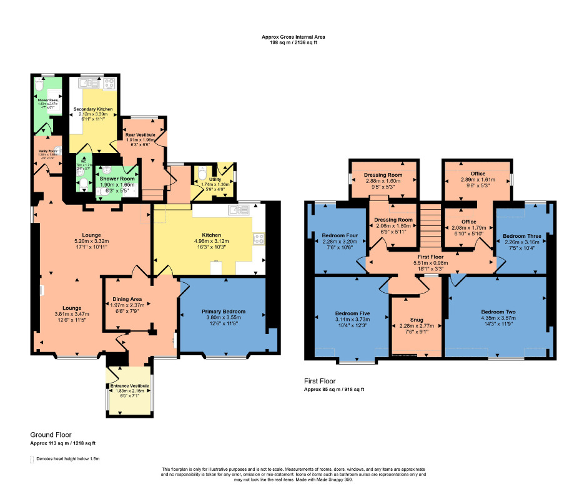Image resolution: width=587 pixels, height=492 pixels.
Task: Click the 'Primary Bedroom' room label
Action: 224,311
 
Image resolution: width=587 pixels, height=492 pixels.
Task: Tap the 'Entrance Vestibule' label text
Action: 130,386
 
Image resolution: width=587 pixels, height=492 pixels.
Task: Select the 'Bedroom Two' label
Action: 498,312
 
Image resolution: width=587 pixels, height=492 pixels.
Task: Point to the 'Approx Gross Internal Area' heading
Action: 293,37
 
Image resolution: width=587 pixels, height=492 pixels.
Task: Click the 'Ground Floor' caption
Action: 51,435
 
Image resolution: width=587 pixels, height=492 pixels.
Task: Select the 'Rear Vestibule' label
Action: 140,134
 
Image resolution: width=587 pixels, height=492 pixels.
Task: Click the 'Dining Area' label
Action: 127,298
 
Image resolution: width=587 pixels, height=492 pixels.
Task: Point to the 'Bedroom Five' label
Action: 350,313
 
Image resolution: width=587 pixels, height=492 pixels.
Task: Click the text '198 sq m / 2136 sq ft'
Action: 293,43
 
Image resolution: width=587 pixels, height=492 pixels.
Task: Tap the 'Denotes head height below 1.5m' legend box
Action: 32,459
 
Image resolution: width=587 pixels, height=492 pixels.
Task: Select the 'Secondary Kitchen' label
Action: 93,109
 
